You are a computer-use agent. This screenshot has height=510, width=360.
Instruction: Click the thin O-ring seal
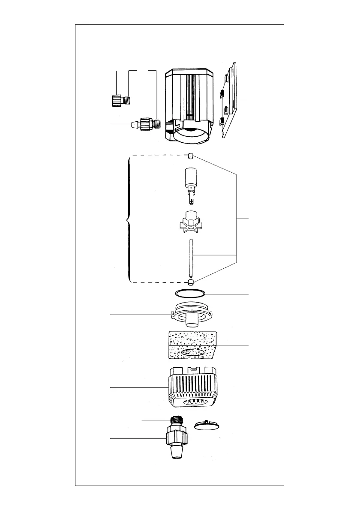[191, 294]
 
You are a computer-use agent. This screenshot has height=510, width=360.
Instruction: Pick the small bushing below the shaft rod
[191, 282]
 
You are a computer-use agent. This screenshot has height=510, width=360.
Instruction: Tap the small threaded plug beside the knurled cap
[126, 101]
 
